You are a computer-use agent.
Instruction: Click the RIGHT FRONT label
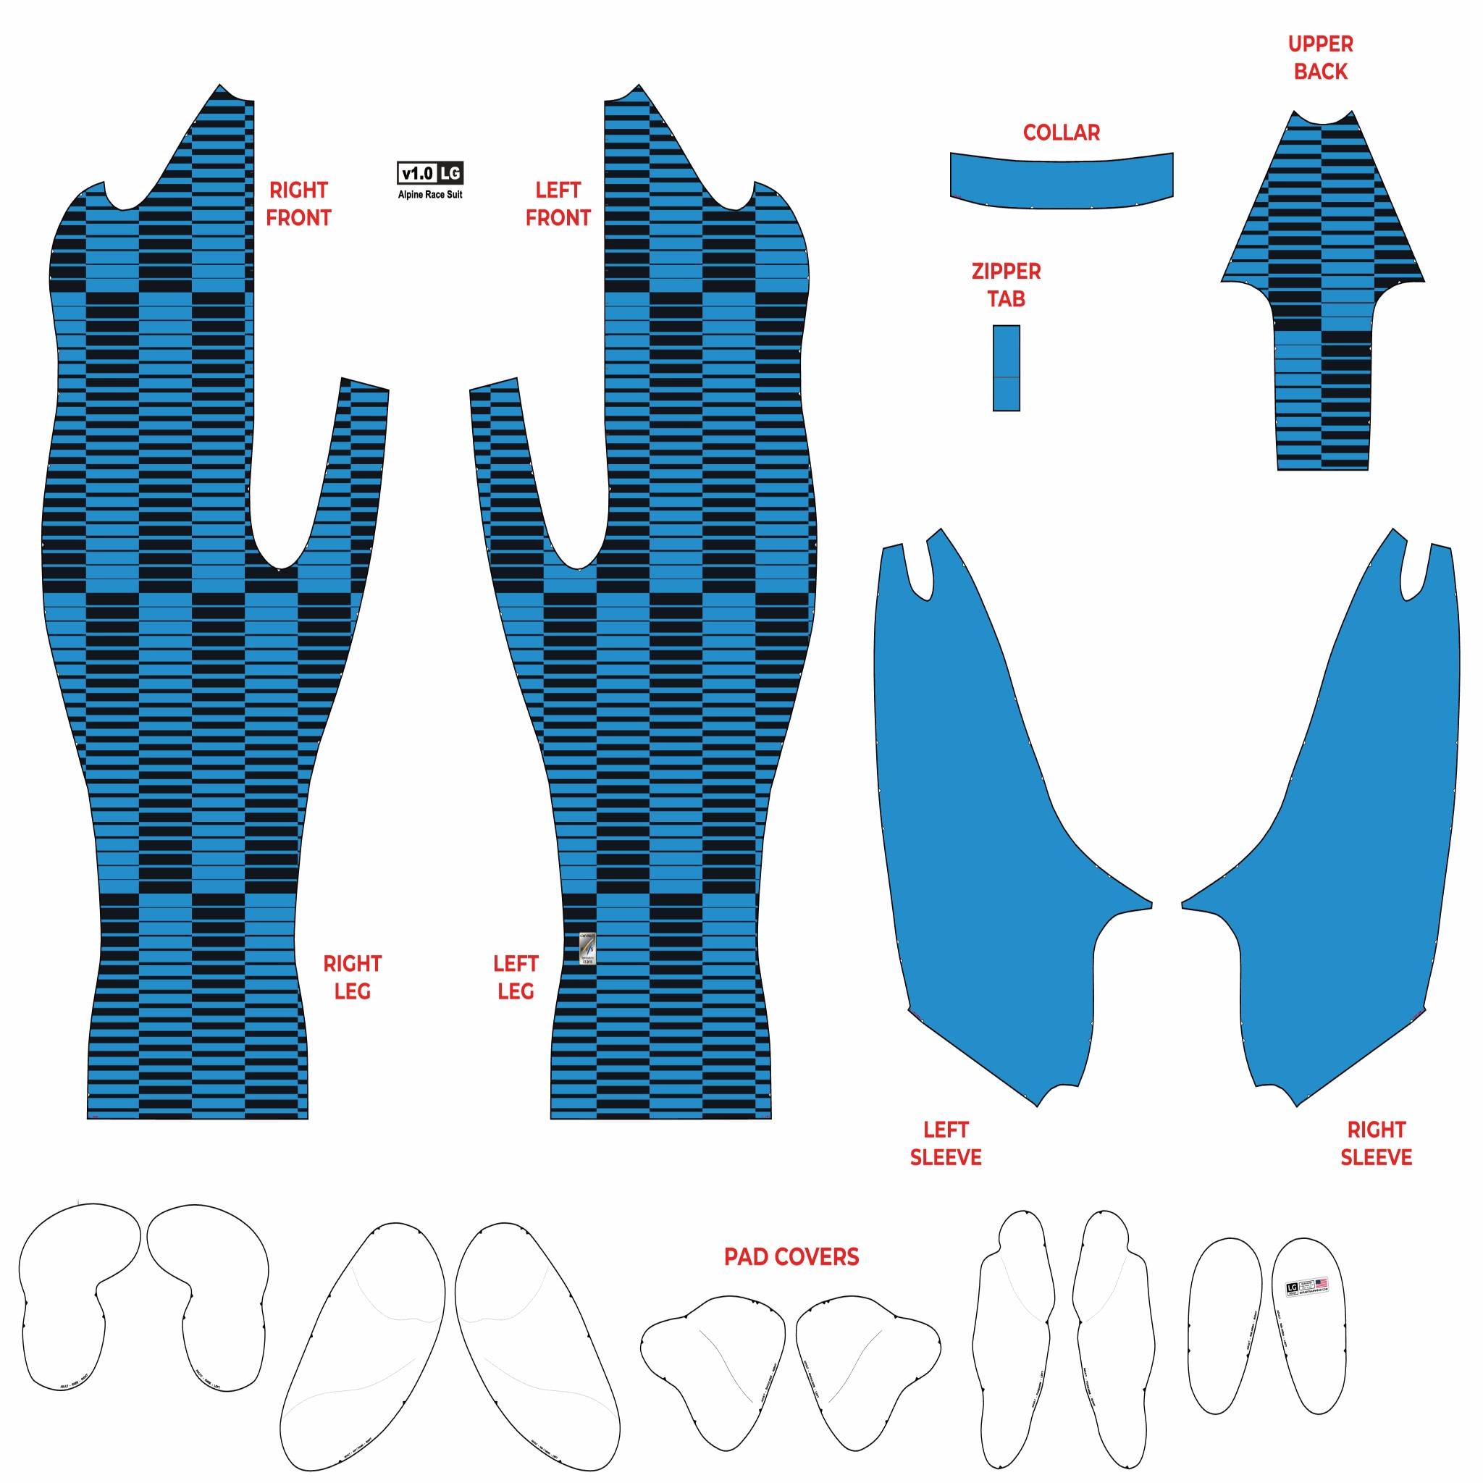point(298,204)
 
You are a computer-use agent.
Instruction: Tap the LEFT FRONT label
point(558,204)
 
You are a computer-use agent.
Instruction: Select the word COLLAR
point(1061,133)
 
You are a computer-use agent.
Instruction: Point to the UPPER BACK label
point(1320,58)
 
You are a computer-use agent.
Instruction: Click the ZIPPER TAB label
point(1006,285)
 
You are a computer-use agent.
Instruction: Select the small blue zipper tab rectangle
point(1007,369)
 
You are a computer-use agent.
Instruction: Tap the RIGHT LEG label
point(353,977)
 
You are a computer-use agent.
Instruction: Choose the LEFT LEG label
point(515,977)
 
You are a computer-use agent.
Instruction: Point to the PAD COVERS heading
point(791,1256)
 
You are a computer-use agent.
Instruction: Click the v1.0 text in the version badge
point(418,174)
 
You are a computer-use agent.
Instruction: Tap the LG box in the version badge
point(450,174)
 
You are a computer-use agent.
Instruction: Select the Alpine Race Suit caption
point(430,195)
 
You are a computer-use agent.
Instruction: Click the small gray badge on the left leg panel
point(587,949)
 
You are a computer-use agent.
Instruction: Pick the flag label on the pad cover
point(1306,1287)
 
